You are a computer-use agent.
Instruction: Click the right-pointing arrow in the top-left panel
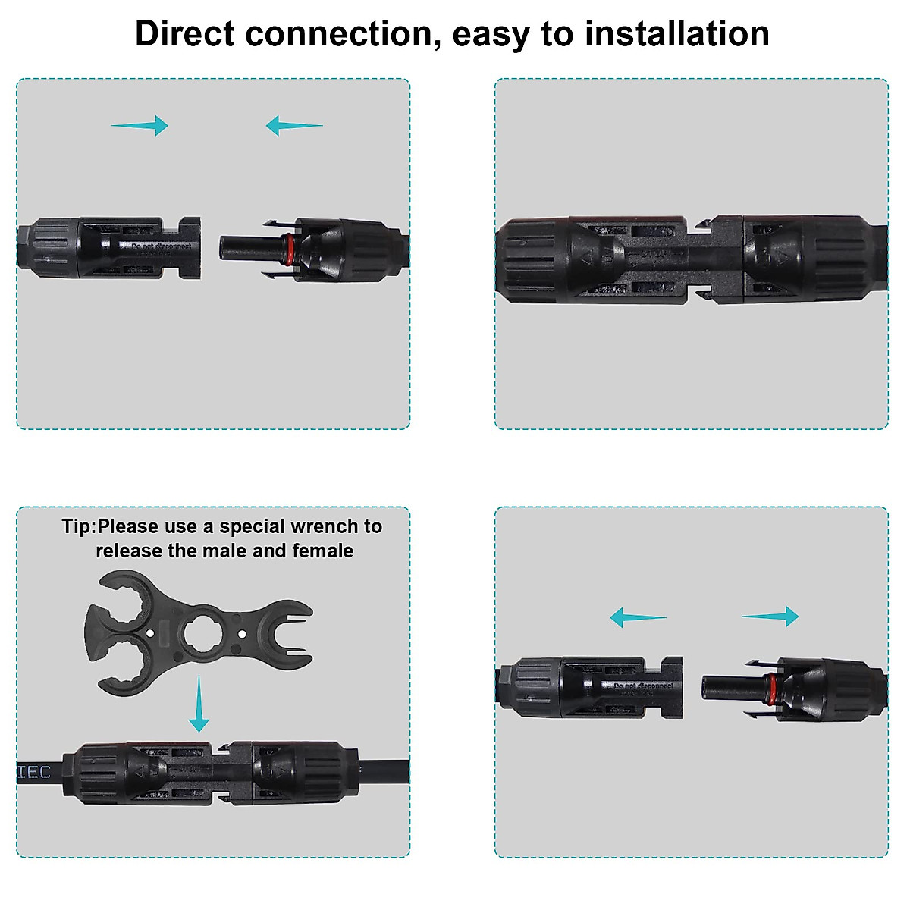point(140,125)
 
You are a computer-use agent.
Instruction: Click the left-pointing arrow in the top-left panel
point(293,125)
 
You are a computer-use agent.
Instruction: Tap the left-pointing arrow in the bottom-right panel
point(638,617)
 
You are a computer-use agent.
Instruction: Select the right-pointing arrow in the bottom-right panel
point(770,617)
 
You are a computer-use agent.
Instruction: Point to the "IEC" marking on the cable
point(34,772)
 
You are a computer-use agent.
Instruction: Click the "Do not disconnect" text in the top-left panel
point(162,246)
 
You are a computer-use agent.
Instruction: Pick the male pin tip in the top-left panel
point(225,247)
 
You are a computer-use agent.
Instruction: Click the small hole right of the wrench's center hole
point(241,633)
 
